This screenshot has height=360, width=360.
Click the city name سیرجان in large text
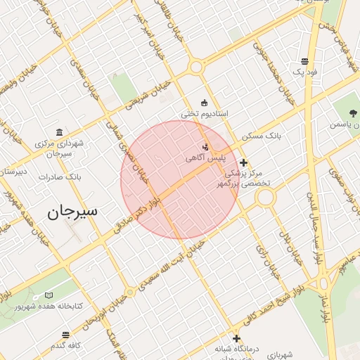[x=73, y=211]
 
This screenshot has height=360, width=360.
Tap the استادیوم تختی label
[x=196, y=113]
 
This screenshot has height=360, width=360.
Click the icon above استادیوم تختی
[x=205, y=103]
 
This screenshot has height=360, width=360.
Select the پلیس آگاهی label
[x=201, y=158]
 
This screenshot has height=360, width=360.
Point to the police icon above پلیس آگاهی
[x=205, y=147]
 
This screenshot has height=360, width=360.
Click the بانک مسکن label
[x=261, y=134]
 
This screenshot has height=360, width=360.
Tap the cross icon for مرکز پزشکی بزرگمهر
[x=243, y=162]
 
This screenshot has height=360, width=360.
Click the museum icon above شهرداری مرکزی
[x=59, y=132]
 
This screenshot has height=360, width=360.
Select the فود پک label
[x=304, y=72]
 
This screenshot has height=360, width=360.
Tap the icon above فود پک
[x=304, y=61]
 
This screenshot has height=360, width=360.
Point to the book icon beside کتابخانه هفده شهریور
[x=49, y=295]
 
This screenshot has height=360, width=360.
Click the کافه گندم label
[x=67, y=345]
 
